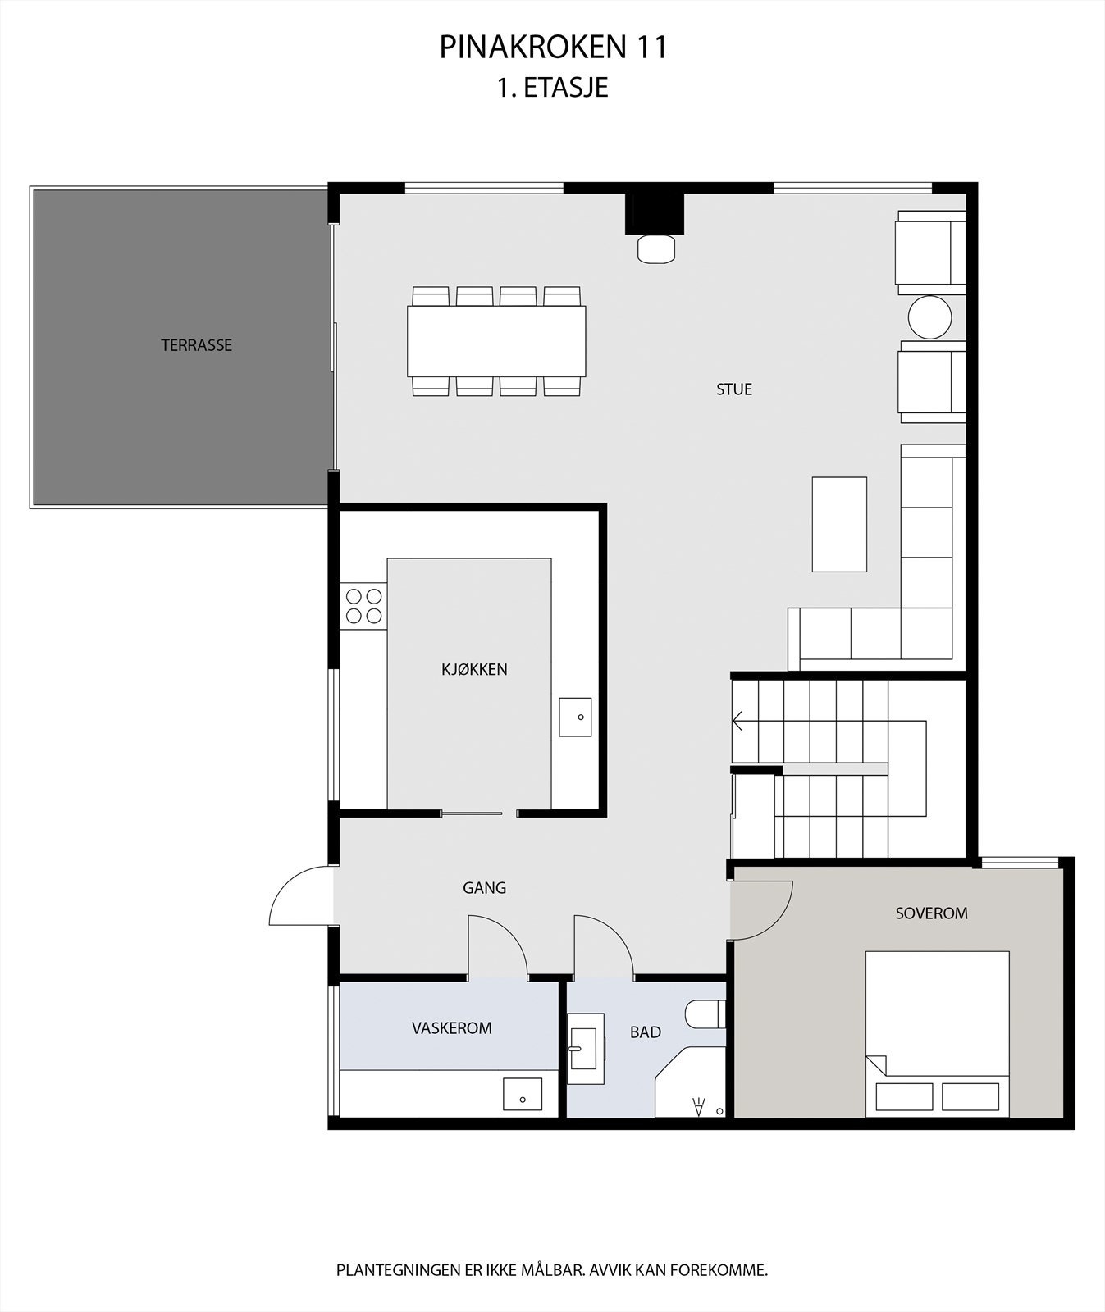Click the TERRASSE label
(196, 345)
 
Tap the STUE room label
(733, 389)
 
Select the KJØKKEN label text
(474, 669)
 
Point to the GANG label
(484, 887)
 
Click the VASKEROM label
(451, 1027)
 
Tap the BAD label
(645, 1032)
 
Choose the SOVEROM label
(931, 913)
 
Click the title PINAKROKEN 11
(553, 48)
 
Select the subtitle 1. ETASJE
(553, 88)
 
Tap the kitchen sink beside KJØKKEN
(575, 717)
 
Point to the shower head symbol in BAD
(699, 1106)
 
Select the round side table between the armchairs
(929, 317)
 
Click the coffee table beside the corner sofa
(839, 524)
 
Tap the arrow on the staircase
(737, 722)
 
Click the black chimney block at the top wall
(654, 213)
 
